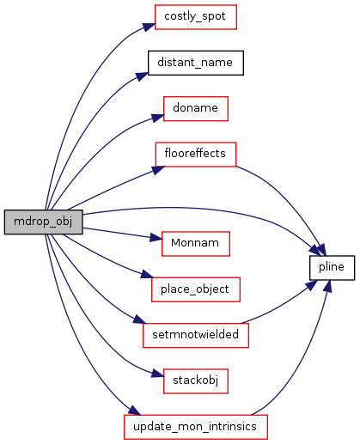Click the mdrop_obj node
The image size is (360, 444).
click(x=43, y=222)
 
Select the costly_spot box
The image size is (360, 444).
click(x=196, y=17)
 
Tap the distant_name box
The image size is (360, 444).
click(x=196, y=63)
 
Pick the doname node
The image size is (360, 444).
click(x=196, y=109)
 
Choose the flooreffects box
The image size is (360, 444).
click(x=196, y=155)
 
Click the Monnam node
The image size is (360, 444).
click(x=196, y=244)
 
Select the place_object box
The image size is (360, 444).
click(x=196, y=289)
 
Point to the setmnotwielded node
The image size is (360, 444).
click(x=196, y=335)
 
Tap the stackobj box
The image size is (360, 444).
click(x=196, y=381)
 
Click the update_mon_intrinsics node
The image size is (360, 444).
click(x=196, y=427)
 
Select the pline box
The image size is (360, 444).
click(x=332, y=268)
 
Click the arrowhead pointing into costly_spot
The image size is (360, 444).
click(x=149, y=27)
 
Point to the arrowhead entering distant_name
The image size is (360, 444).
click(x=142, y=76)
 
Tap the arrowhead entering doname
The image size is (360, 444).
click(x=157, y=118)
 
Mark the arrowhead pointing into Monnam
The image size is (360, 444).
click(x=156, y=237)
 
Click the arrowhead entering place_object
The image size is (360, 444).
click(x=147, y=275)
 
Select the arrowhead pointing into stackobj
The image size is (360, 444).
click(x=157, y=374)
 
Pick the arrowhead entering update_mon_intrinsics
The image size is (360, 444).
click(x=135, y=411)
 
